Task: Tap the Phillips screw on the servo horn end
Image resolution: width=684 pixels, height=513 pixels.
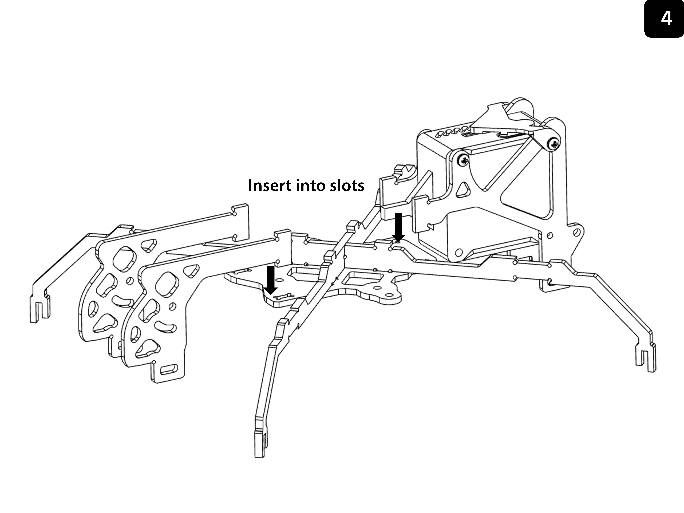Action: [554, 143]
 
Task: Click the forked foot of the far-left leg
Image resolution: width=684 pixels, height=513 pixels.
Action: [40, 309]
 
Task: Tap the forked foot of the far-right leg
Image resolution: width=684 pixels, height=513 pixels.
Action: [646, 359]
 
